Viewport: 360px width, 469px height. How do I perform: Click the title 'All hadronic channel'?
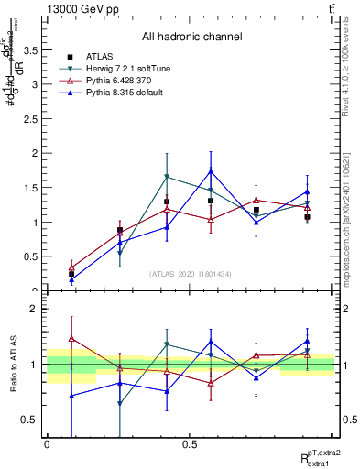click(191, 37)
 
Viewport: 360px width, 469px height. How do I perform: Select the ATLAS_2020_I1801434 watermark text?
click(191, 274)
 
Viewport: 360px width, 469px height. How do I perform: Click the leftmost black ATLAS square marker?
click(71, 274)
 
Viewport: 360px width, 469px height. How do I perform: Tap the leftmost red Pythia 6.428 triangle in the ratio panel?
click(71, 339)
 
